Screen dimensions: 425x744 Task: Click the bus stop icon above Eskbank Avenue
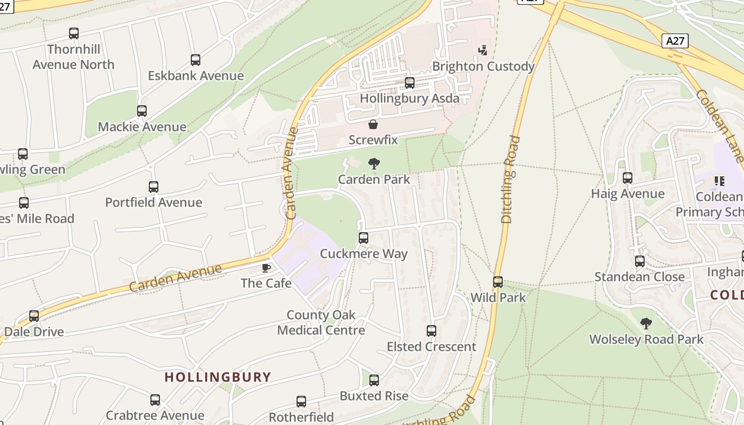pyautogui.click(x=196, y=60)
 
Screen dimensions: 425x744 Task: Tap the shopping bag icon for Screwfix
pyautogui.click(x=373, y=125)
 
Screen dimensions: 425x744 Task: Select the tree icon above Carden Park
pyautogui.click(x=374, y=164)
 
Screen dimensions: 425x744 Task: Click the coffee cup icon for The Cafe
pyautogui.click(x=266, y=268)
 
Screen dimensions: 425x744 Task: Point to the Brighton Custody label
pyautogui.click(x=483, y=66)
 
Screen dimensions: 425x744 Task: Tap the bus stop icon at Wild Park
pyautogui.click(x=498, y=282)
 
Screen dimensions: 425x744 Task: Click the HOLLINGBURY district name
pyautogui.click(x=218, y=377)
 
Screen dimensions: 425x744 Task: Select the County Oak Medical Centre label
pyautogui.click(x=321, y=322)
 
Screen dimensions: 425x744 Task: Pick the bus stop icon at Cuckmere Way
pyautogui.click(x=363, y=238)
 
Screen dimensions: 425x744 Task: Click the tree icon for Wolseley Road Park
pyautogui.click(x=646, y=324)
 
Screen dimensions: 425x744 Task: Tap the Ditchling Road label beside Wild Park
pyautogui.click(x=510, y=180)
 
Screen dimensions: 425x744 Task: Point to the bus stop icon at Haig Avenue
pyautogui.click(x=628, y=178)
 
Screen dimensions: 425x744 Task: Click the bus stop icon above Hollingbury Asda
pyautogui.click(x=410, y=83)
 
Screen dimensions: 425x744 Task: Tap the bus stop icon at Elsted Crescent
pyautogui.click(x=432, y=331)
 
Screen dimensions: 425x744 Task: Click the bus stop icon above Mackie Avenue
pyautogui.click(x=142, y=111)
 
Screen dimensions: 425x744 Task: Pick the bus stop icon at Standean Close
pyautogui.click(x=640, y=261)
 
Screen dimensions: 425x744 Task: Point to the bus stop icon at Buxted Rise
pyautogui.click(x=374, y=380)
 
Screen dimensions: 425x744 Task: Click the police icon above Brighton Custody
pyautogui.click(x=483, y=50)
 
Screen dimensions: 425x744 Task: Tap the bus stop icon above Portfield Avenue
pyautogui.click(x=154, y=187)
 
